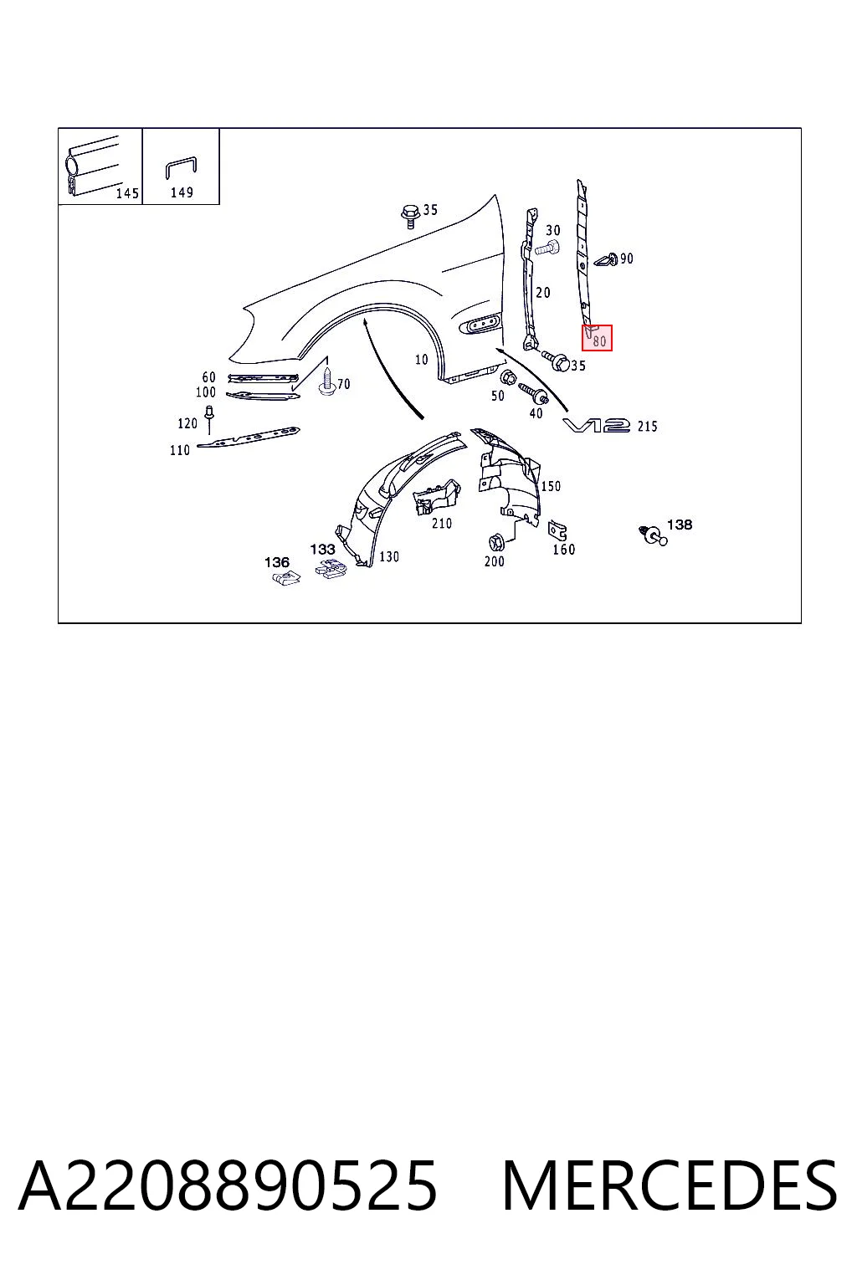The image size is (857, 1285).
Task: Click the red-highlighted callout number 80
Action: pyautogui.click(x=599, y=341)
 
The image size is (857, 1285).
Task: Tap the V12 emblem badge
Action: pyautogui.click(x=597, y=426)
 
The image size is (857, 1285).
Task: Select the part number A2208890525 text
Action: pyautogui.click(x=228, y=1185)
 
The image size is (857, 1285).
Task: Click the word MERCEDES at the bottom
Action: pyautogui.click(x=670, y=1185)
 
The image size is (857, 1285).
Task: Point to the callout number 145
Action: pyautogui.click(x=127, y=193)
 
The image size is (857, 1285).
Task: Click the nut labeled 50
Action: pyautogui.click(x=507, y=378)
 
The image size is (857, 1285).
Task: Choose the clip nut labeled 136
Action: pyautogui.click(x=286, y=578)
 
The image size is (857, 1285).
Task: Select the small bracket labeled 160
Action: pyautogui.click(x=557, y=530)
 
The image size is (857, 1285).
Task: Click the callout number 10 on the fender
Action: pyautogui.click(x=421, y=360)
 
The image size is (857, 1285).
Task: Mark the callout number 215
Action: pyautogui.click(x=647, y=426)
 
